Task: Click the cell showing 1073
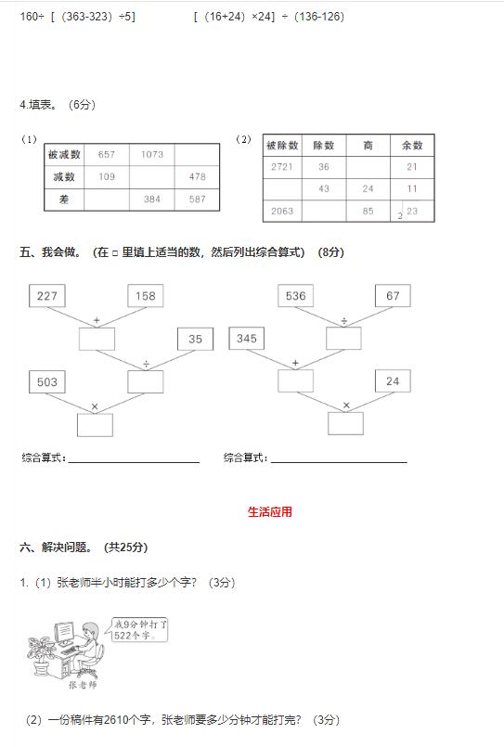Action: tap(152, 154)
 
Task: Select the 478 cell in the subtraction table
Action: tap(197, 176)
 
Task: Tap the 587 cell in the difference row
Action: tap(197, 200)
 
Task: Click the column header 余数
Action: tap(412, 146)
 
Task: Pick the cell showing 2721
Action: tap(282, 167)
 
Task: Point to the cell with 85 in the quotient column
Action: tap(368, 211)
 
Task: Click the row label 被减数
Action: tap(64, 154)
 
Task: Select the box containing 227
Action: tap(47, 296)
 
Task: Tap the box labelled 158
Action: tap(146, 296)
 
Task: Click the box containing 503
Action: tap(47, 381)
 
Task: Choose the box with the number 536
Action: tap(296, 296)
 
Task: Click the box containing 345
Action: tap(246, 339)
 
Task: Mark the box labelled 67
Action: tap(393, 296)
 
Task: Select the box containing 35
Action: tap(195, 339)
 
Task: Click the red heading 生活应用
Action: tap(269, 512)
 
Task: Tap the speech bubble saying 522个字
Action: tap(139, 630)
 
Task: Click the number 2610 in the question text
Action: tap(116, 720)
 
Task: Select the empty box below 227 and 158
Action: tap(97, 340)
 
